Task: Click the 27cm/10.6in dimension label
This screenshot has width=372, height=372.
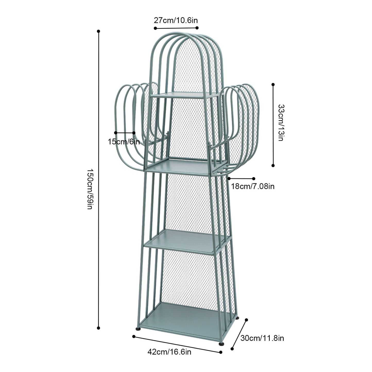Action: click(x=176, y=20)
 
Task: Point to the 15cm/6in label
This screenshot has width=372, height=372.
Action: click(x=124, y=142)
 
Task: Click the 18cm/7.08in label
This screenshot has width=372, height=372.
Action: click(x=253, y=186)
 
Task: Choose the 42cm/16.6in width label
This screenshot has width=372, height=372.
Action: click(x=169, y=352)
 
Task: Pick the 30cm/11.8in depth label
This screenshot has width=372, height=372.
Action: click(x=262, y=338)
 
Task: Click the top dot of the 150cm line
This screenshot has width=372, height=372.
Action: click(x=98, y=31)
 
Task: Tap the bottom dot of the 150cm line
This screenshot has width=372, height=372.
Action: click(x=98, y=328)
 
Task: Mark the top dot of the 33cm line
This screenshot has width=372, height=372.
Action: click(x=273, y=84)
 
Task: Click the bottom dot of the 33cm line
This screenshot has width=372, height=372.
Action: click(x=273, y=166)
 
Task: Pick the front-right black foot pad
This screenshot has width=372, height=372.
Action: click(x=221, y=343)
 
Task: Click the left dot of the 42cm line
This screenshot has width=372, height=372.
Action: click(x=134, y=336)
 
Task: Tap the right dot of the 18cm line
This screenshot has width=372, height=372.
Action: click(x=254, y=178)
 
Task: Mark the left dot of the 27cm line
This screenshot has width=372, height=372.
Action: click(x=155, y=28)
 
